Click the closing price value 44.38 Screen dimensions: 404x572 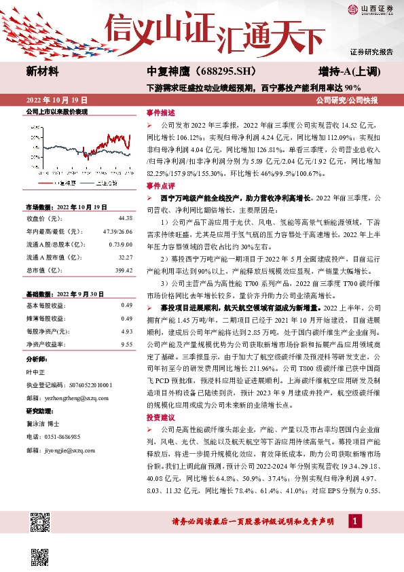point(124,218)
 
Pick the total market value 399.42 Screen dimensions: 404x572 point(123,270)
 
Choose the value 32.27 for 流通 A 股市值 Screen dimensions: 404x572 point(124,257)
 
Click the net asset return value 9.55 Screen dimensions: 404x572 point(126,344)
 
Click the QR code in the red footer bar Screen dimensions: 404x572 point(39,522)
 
